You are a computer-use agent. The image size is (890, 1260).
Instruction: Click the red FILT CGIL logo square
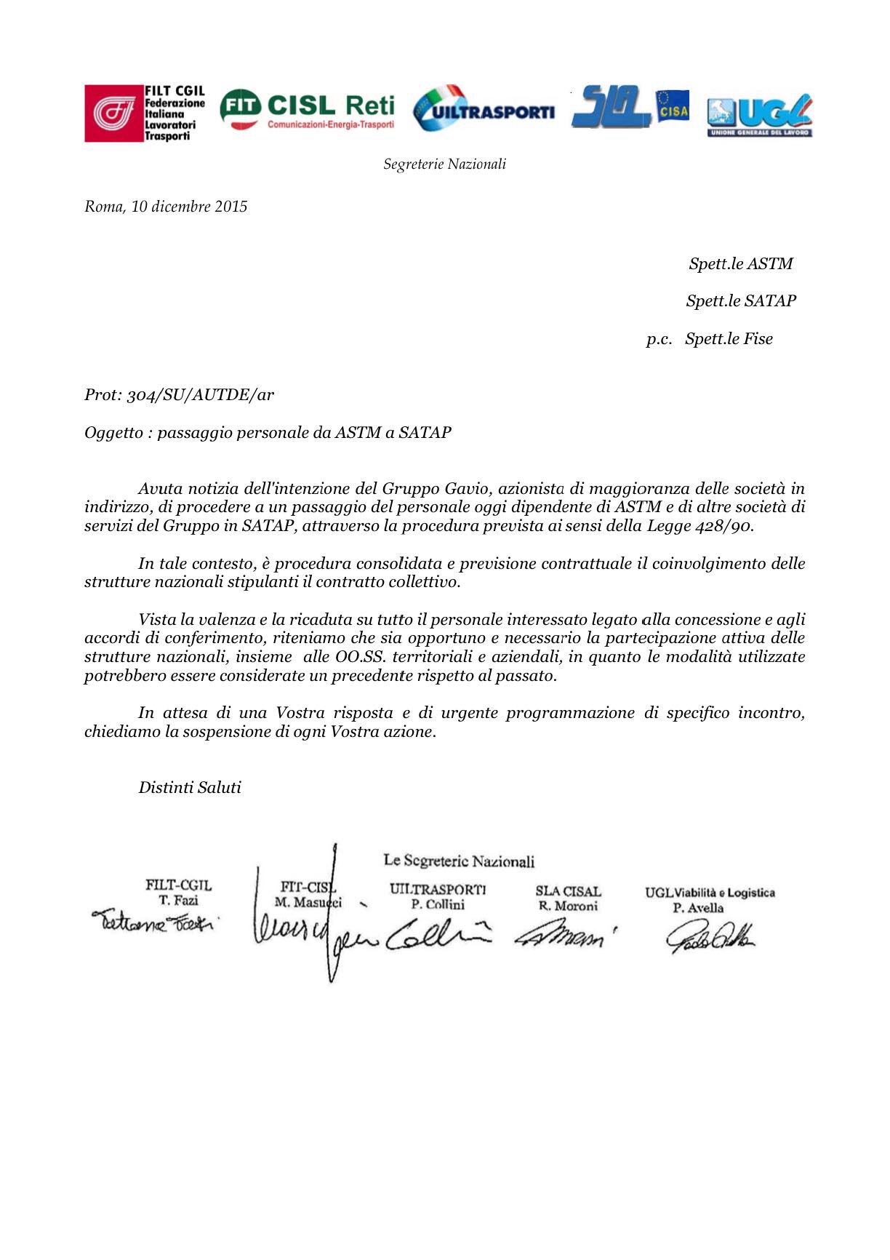[113, 113]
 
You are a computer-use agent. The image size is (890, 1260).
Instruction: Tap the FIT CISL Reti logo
[307, 111]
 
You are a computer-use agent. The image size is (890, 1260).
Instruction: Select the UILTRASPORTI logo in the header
[484, 111]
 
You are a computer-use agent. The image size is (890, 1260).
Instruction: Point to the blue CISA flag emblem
[673, 106]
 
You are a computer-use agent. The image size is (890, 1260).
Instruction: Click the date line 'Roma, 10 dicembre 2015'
[166, 207]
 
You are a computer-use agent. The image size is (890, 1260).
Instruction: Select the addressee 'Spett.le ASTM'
[740, 264]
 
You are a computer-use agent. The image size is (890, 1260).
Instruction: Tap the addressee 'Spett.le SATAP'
[740, 301]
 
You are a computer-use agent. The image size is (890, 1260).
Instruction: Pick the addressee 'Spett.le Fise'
[728, 339]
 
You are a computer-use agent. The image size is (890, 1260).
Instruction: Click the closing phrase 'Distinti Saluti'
[190, 787]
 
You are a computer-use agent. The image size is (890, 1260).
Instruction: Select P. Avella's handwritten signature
[709, 939]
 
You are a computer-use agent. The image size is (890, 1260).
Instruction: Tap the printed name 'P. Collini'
[438, 905]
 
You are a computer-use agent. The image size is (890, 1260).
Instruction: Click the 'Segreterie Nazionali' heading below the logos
[444, 164]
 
